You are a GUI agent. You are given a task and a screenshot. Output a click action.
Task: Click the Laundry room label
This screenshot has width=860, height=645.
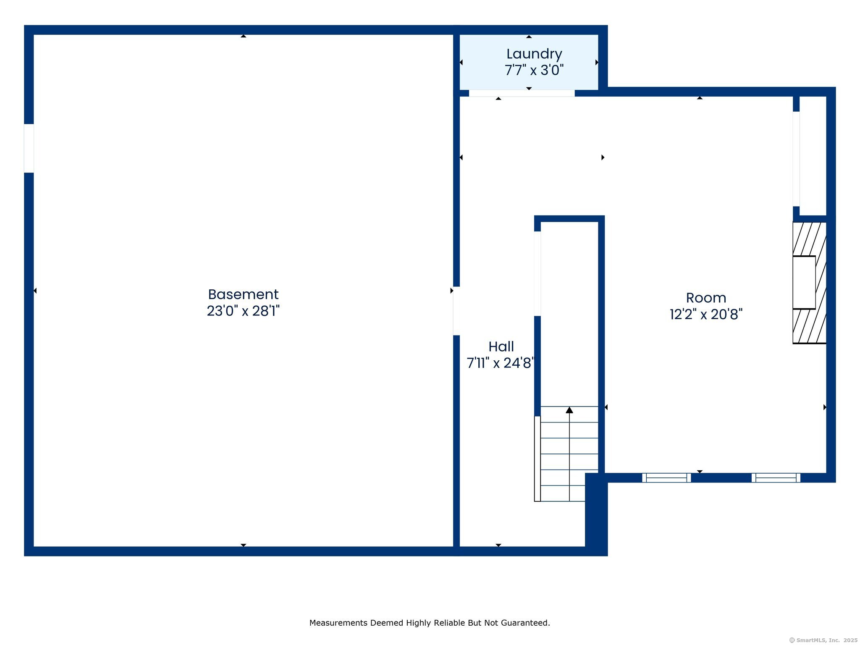534,54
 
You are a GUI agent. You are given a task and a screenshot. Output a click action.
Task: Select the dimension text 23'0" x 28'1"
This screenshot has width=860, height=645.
243,311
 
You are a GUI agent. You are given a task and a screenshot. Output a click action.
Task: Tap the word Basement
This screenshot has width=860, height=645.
243,294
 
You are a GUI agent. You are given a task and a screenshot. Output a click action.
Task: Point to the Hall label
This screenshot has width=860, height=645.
501,347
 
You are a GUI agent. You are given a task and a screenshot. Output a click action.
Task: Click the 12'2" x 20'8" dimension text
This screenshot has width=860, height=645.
706,315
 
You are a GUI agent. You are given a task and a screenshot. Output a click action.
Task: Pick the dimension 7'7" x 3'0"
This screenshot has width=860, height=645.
534,70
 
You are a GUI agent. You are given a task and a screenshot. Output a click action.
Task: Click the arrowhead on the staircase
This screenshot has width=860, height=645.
569,410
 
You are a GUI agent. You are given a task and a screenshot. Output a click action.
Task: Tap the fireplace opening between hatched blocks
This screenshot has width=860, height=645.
804,282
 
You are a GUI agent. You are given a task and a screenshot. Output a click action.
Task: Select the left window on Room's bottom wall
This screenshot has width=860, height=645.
666,477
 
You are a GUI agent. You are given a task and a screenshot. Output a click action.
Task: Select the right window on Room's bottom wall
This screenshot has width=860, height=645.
776,477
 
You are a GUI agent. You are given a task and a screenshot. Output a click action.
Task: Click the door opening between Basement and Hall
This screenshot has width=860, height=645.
456,311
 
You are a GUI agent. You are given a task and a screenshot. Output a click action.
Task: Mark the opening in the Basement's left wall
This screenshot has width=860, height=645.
29,148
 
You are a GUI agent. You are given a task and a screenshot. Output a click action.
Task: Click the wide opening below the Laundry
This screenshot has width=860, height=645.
522,93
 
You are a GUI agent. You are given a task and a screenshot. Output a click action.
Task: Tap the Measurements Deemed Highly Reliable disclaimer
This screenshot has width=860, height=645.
430,623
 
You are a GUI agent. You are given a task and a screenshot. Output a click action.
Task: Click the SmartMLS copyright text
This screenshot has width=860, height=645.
823,640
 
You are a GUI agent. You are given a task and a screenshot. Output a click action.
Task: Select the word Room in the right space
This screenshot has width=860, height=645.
706,298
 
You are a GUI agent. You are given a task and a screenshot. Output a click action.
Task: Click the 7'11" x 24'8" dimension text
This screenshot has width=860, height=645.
500,363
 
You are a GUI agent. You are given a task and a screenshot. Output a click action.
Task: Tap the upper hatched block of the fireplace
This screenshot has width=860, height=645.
808,239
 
